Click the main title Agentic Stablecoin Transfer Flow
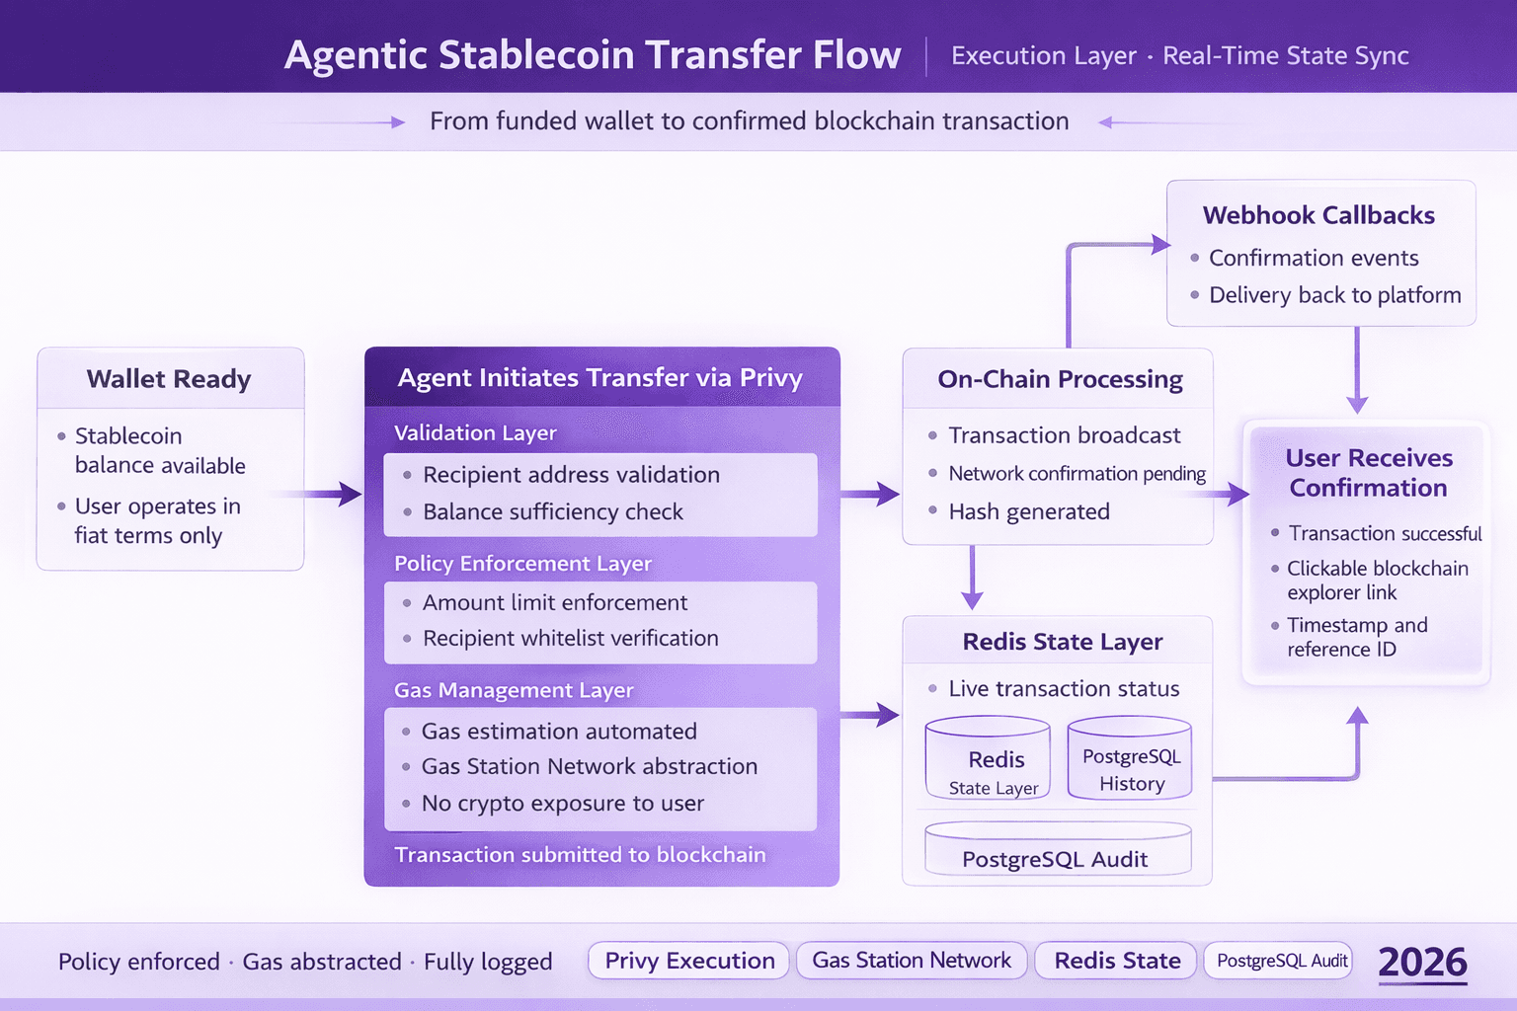[x=593, y=55]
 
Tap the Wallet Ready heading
[x=169, y=379]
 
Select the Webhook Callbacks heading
[x=1318, y=215]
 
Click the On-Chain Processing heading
[x=1060, y=379]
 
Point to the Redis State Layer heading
[x=1063, y=642]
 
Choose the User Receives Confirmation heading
[x=1369, y=473]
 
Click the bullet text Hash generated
[x=1029, y=511]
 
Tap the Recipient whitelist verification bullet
[x=570, y=639]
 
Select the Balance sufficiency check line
[x=553, y=511]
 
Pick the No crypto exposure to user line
[x=562, y=804]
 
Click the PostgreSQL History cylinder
[x=1131, y=760]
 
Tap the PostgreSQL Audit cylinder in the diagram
[x=1056, y=851]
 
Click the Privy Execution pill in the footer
[x=689, y=961]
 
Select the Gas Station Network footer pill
[x=912, y=961]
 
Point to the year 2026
[x=1422, y=963]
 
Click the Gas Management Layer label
[x=514, y=690]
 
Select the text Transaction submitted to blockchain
[x=580, y=855]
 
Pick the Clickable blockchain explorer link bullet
[x=1377, y=581]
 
